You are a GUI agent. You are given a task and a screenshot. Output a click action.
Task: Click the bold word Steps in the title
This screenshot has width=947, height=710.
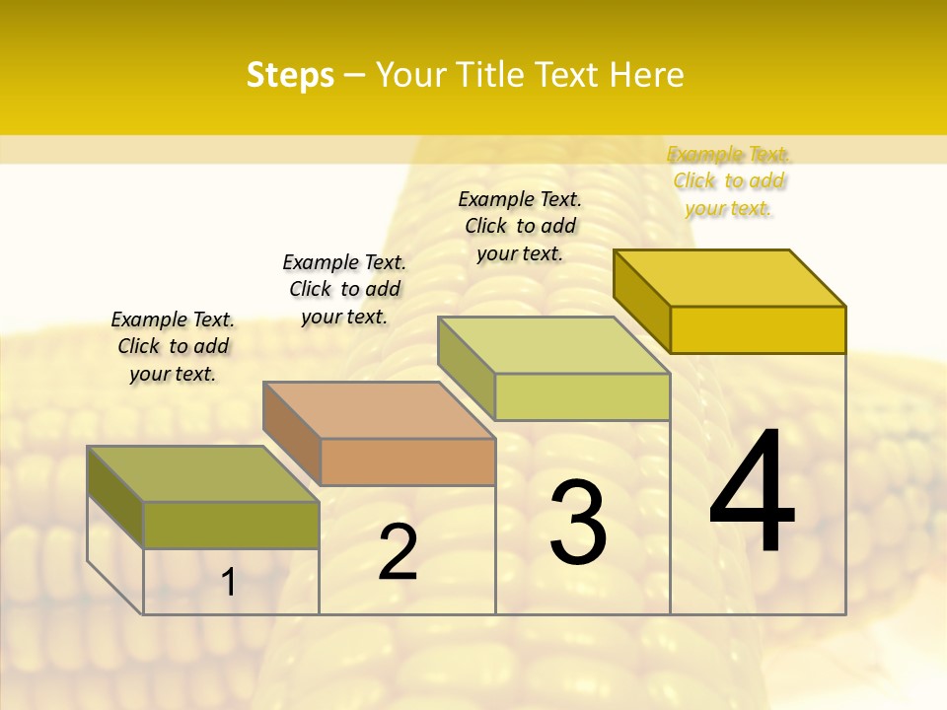290,75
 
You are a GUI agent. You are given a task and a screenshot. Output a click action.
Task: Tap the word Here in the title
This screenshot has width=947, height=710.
646,75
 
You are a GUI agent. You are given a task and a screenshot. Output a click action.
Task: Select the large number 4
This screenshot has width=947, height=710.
752,493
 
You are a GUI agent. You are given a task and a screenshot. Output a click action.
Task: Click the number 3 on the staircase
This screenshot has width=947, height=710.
578,523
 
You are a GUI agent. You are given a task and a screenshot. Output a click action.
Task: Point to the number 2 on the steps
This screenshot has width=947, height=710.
398,552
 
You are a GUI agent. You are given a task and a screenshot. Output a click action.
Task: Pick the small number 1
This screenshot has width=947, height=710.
229,583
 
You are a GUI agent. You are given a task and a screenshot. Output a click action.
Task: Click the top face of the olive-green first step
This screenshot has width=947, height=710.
202,473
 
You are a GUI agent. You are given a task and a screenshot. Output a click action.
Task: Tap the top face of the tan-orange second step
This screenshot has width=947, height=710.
378,410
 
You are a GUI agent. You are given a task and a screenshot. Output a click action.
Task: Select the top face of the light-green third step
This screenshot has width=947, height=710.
553,345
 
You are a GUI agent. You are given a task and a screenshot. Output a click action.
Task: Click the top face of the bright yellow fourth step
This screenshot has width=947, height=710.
729,278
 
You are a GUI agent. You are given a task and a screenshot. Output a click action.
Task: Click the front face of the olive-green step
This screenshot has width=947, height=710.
231,525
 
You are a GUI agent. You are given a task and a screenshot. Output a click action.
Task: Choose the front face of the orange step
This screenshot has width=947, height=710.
407,461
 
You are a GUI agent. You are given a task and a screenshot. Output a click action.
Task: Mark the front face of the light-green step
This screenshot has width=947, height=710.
582,396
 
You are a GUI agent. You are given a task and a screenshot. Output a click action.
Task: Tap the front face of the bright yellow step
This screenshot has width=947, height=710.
758,329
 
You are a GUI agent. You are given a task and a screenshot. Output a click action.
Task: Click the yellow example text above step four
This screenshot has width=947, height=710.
729,181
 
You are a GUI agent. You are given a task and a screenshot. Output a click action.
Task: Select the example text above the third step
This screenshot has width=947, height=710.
520,226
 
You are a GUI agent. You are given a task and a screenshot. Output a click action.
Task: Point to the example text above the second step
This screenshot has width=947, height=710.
344,289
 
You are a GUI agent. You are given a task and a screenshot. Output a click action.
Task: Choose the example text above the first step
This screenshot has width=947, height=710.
173,346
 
